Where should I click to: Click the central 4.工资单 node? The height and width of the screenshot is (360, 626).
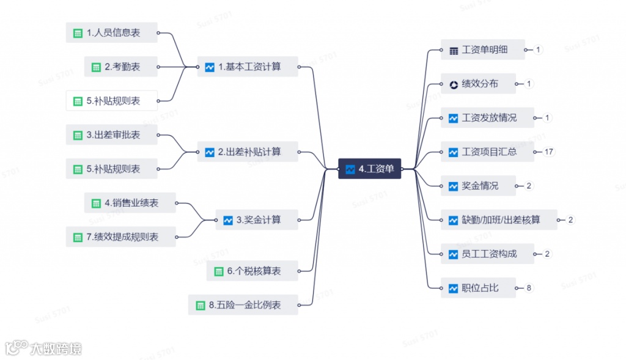(370, 169)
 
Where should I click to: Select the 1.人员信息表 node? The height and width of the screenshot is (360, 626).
(111, 33)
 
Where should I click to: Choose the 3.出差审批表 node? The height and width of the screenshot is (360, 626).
(111, 135)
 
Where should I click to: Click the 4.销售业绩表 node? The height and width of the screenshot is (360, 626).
(130, 203)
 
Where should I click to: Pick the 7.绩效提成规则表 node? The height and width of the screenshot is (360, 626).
(120, 237)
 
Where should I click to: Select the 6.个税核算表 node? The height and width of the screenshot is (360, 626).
(252, 271)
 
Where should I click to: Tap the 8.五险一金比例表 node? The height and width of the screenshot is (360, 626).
(243, 305)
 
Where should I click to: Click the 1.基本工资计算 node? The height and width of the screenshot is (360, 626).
(248, 67)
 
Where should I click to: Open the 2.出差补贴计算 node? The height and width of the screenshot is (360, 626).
(248, 152)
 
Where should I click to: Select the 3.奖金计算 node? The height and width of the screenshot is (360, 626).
(257, 219)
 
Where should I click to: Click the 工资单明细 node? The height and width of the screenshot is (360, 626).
(483, 50)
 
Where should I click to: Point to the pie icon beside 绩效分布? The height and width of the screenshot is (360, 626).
(454, 84)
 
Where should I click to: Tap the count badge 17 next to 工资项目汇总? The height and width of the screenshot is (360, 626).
(548, 152)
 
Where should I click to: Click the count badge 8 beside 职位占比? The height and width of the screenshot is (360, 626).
(529, 288)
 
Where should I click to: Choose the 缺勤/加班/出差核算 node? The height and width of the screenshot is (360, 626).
(499, 220)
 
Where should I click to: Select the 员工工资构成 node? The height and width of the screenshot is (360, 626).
(487, 254)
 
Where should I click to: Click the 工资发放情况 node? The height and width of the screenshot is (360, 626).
(487, 118)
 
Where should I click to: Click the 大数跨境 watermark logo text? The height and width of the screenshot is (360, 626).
(56, 349)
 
